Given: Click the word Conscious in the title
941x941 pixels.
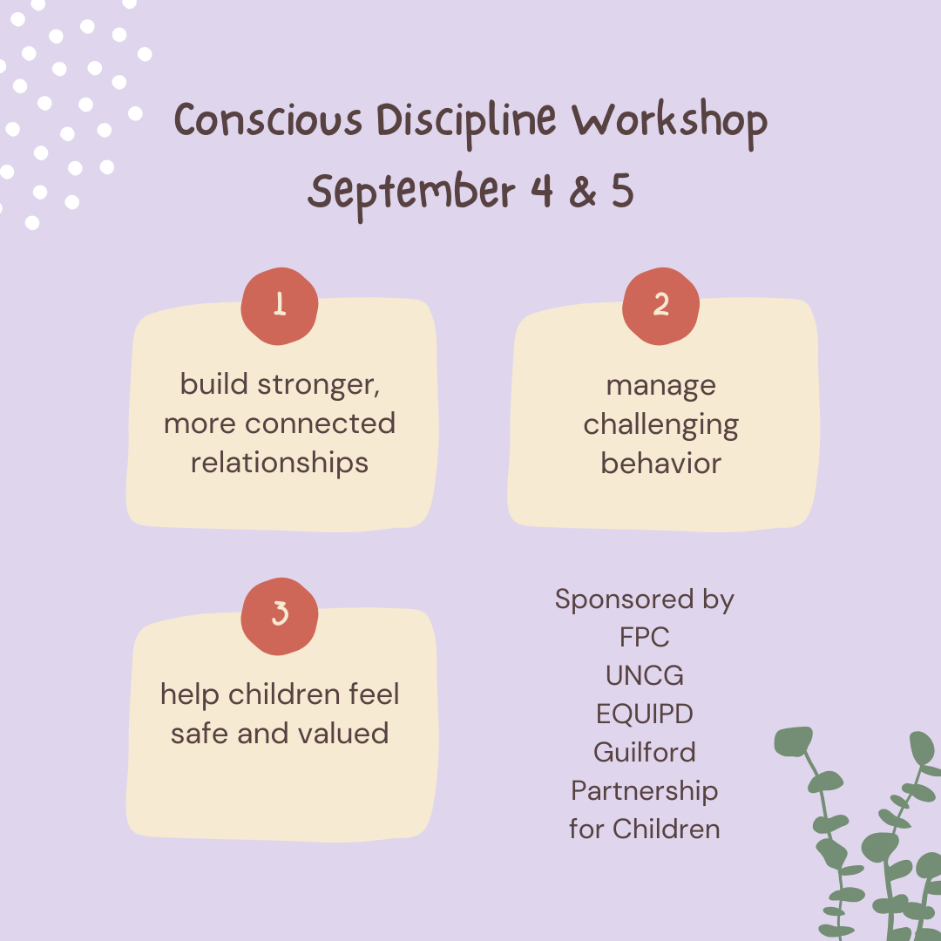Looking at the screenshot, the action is (x=268, y=119).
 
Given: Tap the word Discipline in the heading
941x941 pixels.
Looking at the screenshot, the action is (x=466, y=123).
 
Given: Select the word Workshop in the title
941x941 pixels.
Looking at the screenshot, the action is (x=669, y=124).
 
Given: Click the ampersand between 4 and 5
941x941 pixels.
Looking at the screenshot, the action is (x=583, y=192).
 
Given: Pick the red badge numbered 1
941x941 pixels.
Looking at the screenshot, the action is (x=280, y=306).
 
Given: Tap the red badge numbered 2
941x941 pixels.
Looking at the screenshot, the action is (x=660, y=306).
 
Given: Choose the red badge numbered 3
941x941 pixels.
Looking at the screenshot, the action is (x=280, y=616).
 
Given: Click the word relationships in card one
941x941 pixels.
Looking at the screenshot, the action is (x=280, y=464).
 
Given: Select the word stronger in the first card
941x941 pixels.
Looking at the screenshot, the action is (x=319, y=385).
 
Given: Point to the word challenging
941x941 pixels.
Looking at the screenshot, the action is (x=660, y=425).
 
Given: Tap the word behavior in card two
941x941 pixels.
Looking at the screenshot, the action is (x=660, y=464).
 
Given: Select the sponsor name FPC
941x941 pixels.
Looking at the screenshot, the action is (x=645, y=637).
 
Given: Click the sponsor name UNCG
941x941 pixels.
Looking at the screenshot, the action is (x=645, y=676).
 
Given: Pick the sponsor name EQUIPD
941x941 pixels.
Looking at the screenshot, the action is (x=645, y=714).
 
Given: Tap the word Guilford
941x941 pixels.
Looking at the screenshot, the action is (x=645, y=753).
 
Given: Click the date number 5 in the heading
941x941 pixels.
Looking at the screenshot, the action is (x=623, y=192).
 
